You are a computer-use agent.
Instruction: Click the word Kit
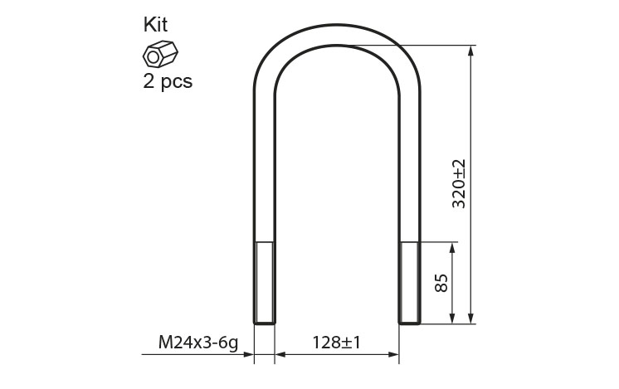pyautogui.click(x=155, y=24)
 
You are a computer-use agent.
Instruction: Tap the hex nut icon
pyautogui.click(x=160, y=54)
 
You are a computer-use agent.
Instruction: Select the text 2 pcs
pyautogui.click(x=168, y=82)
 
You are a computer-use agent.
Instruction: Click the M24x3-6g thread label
pyautogui.click(x=198, y=343)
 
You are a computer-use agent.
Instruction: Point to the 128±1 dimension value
pyautogui.click(x=336, y=343)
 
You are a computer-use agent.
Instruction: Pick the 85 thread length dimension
pyautogui.click(x=441, y=283)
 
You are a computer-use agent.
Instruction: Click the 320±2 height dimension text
pyautogui.click(x=459, y=184)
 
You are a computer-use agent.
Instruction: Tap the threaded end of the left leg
pyautogui.click(x=264, y=283)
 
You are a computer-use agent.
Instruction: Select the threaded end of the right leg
pyautogui.click(x=410, y=283)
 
